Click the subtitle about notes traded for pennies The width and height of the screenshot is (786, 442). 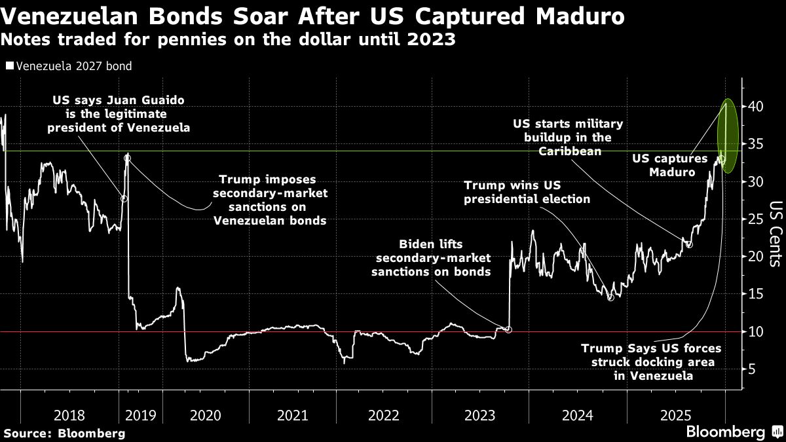[229, 40]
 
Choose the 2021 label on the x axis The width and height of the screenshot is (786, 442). [293, 414]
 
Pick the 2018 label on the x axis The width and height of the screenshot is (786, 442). [68, 414]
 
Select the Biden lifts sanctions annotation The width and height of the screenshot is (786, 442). [430, 257]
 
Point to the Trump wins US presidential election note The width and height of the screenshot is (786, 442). [527, 192]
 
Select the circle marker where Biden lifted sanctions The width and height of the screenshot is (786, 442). [509, 329]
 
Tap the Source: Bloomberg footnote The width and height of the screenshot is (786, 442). [64, 433]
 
